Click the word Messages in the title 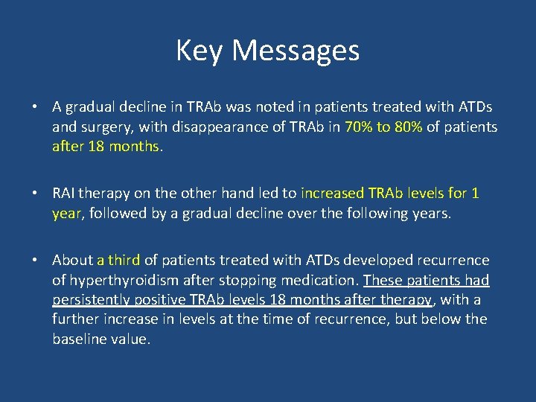[x=296, y=51]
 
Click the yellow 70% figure [x=358, y=127]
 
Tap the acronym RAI [x=64, y=194]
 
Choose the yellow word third [x=124, y=261]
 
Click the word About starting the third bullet [x=72, y=261]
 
